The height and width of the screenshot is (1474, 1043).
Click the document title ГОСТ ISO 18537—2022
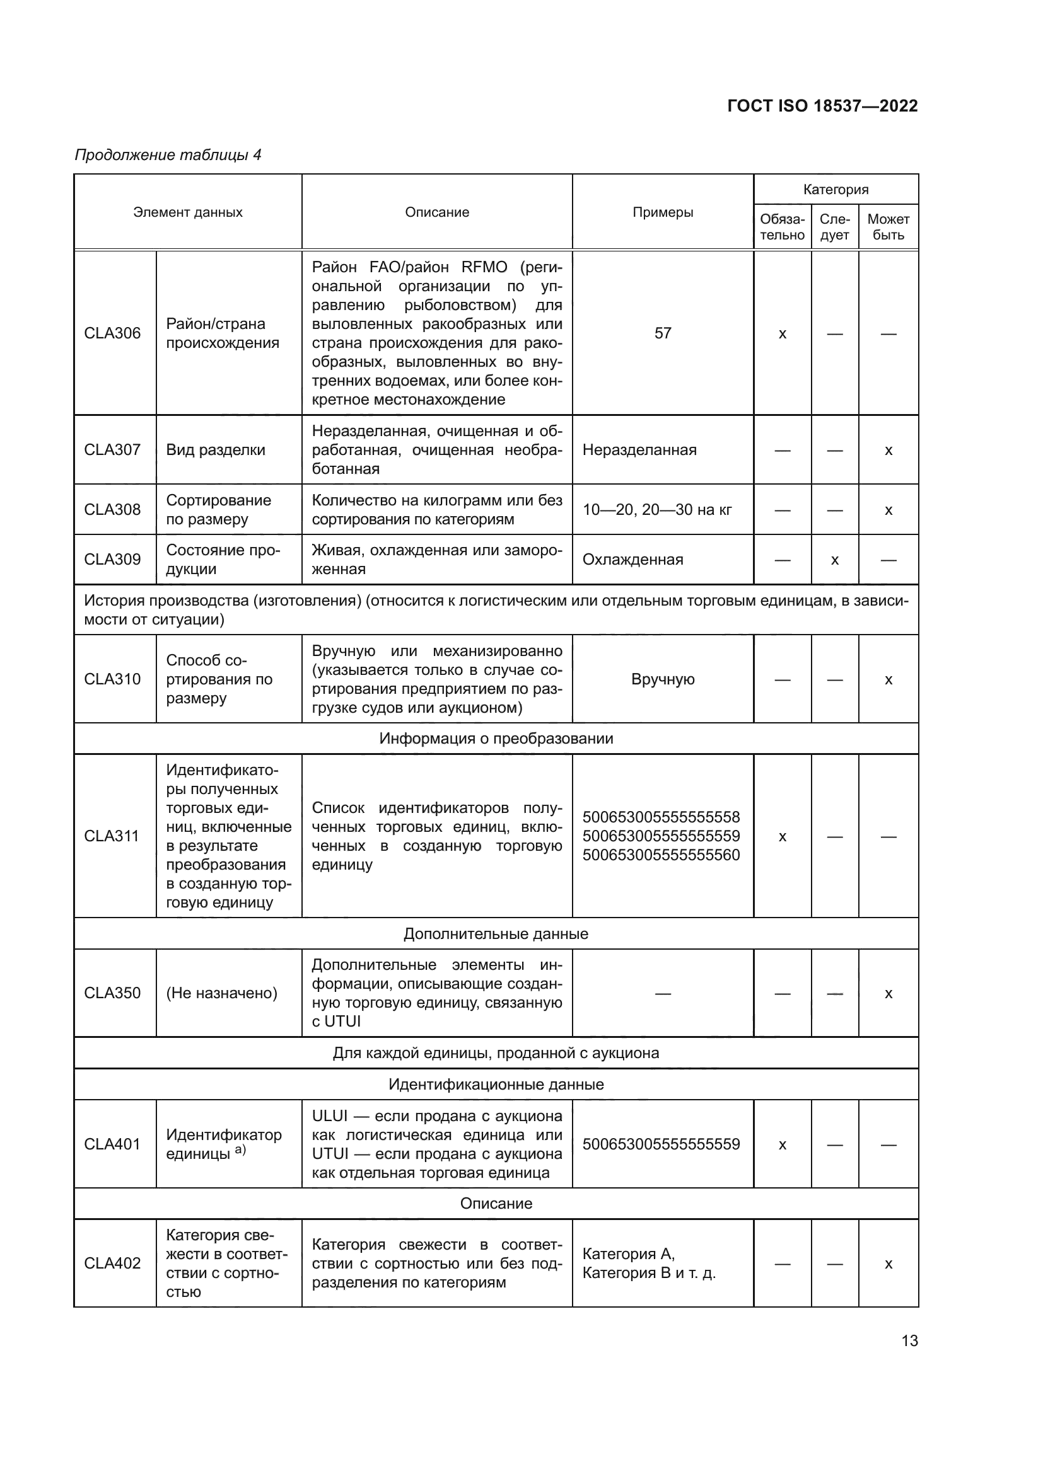(x=822, y=106)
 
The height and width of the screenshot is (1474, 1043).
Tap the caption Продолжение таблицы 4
(x=168, y=155)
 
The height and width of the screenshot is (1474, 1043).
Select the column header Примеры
(x=662, y=212)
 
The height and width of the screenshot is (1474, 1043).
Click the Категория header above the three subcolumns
(x=835, y=190)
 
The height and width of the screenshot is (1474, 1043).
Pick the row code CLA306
(x=112, y=333)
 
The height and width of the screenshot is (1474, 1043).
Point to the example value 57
(x=662, y=333)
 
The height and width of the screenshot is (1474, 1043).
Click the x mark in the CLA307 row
(x=889, y=450)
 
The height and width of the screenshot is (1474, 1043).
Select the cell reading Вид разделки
(x=215, y=449)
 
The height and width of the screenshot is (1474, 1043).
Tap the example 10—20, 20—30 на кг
(x=656, y=510)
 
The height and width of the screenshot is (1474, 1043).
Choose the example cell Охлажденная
(x=632, y=559)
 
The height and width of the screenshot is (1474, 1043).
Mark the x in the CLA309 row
(x=834, y=560)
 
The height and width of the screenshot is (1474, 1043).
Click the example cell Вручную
(x=662, y=679)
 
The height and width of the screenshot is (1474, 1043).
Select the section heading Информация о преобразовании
(x=496, y=739)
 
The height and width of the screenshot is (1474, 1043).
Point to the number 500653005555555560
(x=661, y=855)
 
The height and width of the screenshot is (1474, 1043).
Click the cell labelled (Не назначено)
(x=221, y=993)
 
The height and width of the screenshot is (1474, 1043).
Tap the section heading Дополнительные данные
(x=496, y=933)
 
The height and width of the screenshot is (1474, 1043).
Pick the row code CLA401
(x=112, y=1144)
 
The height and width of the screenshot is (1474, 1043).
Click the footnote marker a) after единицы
(x=240, y=1149)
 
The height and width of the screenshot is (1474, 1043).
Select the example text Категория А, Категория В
(x=649, y=1264)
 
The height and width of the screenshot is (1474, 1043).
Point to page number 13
(x=909, y=1340)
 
